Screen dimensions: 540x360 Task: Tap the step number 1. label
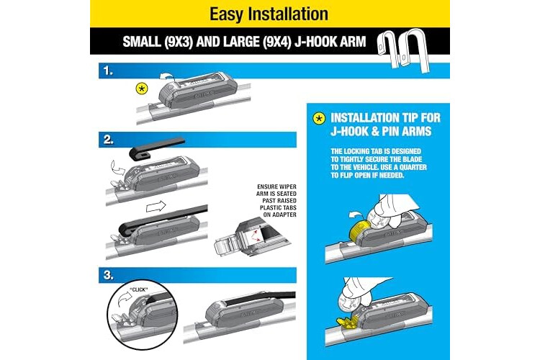click(108, 71)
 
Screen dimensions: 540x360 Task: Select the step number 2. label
click(109, 140)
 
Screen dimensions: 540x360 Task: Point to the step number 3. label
click(109, 275)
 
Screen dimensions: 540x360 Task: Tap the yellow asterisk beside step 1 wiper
click(142, 89)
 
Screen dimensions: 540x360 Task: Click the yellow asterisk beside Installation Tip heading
click(319, 119)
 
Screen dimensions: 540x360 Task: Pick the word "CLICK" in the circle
click(139, 289)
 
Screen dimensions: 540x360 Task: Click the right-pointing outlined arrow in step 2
click(156, 207)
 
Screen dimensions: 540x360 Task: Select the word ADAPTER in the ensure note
click(284, 215)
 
